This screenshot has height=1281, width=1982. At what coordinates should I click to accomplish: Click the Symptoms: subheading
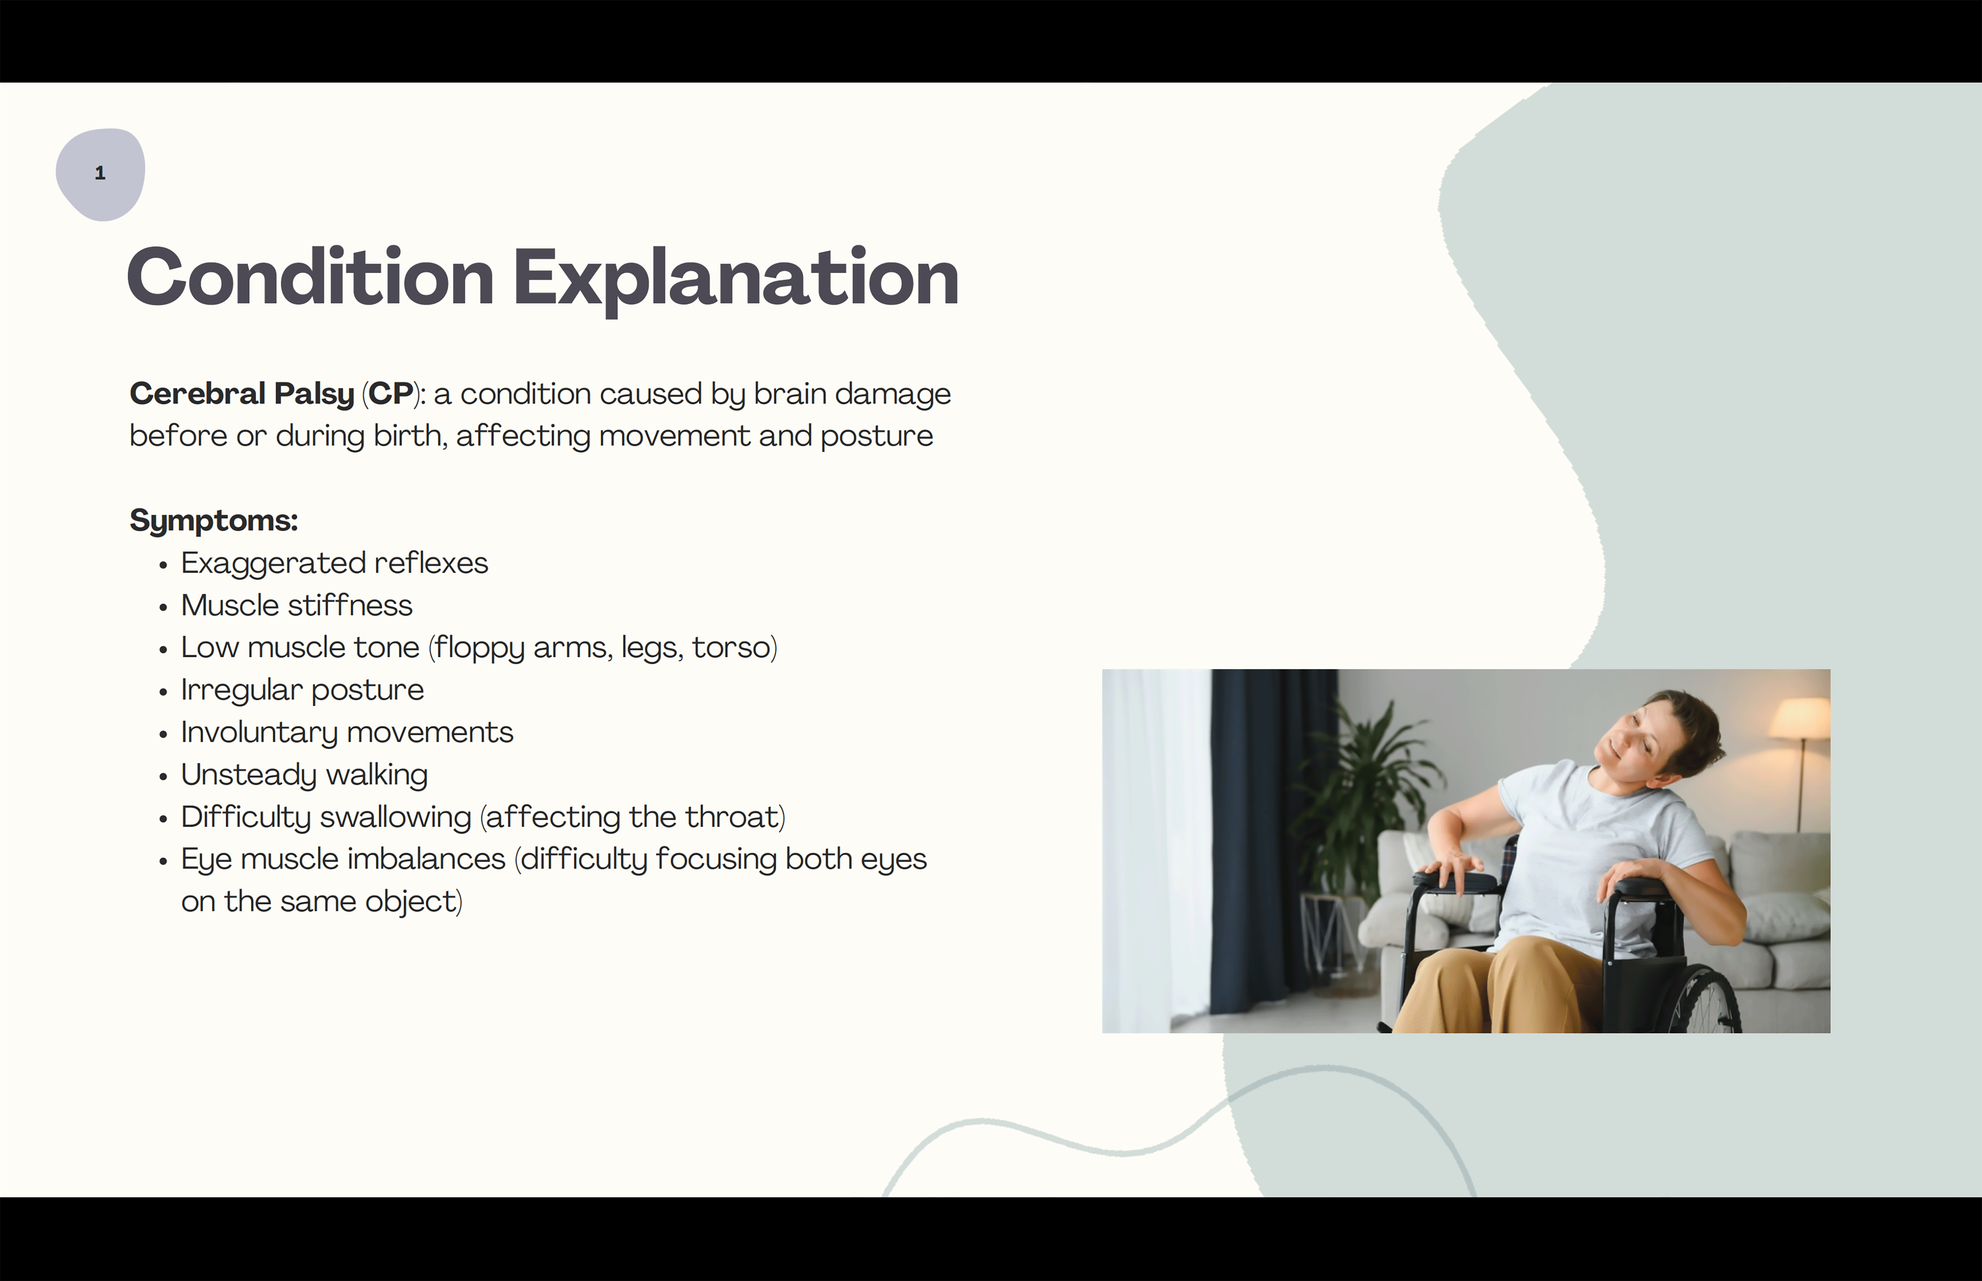coord(214,521)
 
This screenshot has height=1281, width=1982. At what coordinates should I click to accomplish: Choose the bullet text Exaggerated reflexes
coord(334,563)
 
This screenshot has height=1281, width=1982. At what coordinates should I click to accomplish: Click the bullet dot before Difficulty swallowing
coord(163,819)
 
